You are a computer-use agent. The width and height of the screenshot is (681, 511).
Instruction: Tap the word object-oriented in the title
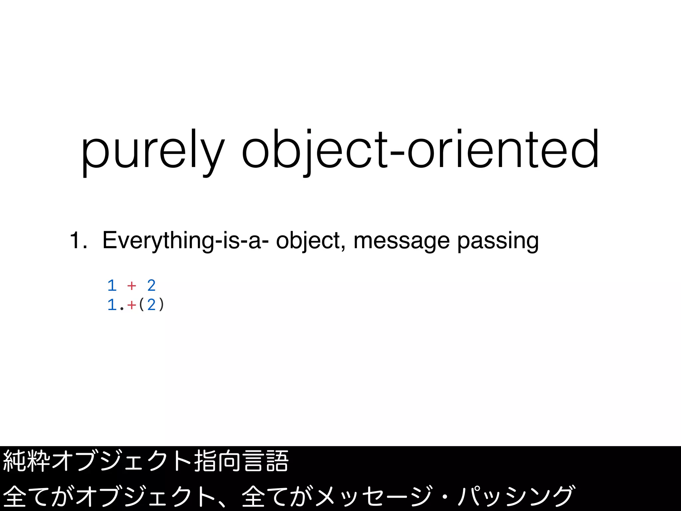point(420,151)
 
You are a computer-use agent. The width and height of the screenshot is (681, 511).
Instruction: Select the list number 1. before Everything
point(78,240)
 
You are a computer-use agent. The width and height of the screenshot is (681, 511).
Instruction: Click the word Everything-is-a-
point(185,240)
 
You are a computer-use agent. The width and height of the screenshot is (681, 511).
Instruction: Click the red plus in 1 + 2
point(132,285)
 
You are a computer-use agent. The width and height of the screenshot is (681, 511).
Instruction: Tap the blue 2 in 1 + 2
point(151,285)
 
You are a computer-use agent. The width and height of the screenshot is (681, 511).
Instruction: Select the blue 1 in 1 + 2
point(112,285)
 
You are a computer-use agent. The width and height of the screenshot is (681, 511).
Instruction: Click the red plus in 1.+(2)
point(132,305)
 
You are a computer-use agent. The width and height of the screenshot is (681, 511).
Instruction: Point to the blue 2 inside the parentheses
point(151,305)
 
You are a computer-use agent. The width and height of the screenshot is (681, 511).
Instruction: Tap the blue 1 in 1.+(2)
point(112,305)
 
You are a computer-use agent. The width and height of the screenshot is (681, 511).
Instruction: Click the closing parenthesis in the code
point(162,305)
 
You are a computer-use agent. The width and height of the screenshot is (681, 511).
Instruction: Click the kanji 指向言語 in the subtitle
point(241,461)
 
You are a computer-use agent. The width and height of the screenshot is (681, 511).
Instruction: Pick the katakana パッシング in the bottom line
point(515,496)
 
